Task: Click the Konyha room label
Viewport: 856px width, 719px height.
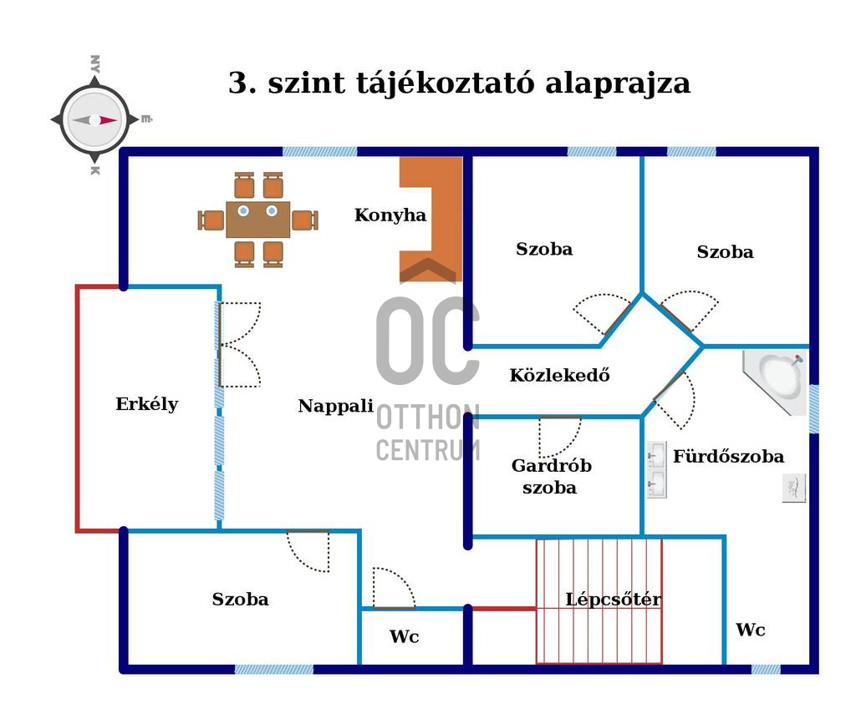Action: click(x=390, y=215)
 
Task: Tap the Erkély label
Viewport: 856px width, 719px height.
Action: click(x=147, y=404)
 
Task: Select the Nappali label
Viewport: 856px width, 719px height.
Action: click(x=335, y=407)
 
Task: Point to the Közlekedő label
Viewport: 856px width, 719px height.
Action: click(x=559, y=376)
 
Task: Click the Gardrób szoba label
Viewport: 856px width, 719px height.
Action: click(x=551, y=477)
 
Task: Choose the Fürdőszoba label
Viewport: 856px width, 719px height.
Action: click(x=728, y=457)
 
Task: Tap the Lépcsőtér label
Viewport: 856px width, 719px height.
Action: click(x=614, y=600)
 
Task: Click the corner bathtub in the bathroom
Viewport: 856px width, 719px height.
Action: click(x=777, y=381)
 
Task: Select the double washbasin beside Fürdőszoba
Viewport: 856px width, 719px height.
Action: click(x=657, y=470)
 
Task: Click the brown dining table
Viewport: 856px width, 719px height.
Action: click(x=257, y=220)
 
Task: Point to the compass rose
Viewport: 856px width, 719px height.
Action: click(x=94, y=119)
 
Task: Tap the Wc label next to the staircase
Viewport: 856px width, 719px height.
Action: click(x=750, y=630)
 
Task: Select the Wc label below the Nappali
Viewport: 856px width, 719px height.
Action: click(x=404, y=637)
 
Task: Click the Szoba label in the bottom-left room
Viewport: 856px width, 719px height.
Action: click(x=241, y=600)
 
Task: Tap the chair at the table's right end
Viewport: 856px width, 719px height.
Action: click(x=304, y=220)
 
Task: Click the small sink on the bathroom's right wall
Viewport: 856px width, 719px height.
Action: click(x=794, y=488)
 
